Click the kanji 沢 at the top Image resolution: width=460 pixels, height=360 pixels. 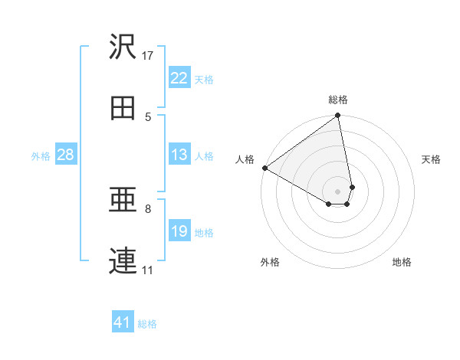click(x=123, y=47)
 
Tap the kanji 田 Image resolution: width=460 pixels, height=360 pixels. click(x=123, y=109)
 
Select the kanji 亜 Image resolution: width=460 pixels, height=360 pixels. click(x=123, y=201)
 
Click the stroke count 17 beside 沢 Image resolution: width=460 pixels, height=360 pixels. click(x=148, y=55)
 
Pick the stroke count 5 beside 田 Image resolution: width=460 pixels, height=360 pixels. click(x=149, y=116)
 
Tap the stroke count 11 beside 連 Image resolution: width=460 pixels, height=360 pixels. click(x=147, y=270)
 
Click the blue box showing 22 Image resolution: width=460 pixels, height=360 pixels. click(x=179, y=78)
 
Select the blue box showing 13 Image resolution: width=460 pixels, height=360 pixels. click(x=179, y=155)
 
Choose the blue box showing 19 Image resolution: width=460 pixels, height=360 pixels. click(x=179, y=231)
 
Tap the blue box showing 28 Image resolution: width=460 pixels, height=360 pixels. click(x=65, y=155)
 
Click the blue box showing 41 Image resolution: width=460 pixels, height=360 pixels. click(x=123, y=322)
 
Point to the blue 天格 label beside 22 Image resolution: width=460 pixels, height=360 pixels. click(x=204, y=79)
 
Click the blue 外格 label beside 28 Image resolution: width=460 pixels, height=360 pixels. click(x=41, y=155)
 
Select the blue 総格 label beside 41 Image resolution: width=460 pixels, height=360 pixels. click(x=147, y=324)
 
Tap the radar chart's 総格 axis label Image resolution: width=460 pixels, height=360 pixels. click(x=338, y=100)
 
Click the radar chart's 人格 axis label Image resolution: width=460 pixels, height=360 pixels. click(x=245, y=159)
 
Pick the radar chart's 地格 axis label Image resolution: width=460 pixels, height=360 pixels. click(x=402, y=262)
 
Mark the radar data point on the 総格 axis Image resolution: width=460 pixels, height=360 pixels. click(x=338, y=116)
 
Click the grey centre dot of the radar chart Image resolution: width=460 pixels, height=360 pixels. click(x=338, y=191)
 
